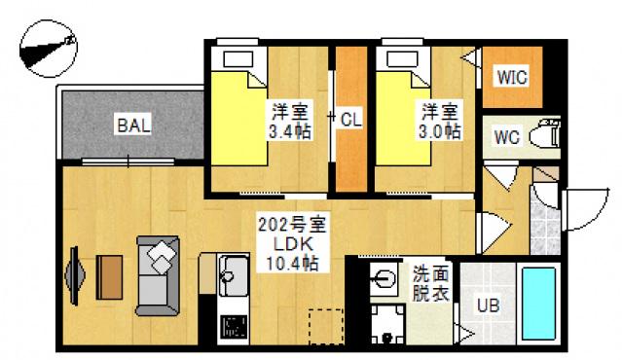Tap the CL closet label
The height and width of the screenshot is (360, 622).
coord(351,119)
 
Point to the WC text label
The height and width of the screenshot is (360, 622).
coord(506,136)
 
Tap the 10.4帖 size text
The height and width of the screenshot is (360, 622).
coord(291,263)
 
